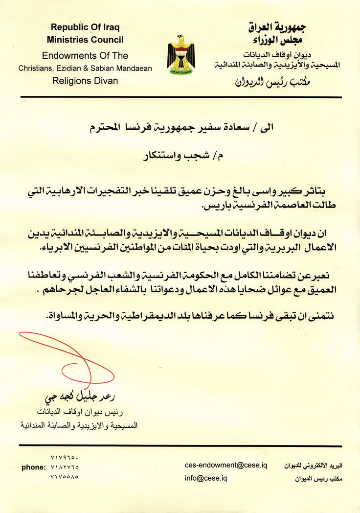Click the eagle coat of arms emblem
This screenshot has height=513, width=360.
tap(180, 55)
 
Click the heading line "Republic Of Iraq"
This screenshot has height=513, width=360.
tap(85, 27)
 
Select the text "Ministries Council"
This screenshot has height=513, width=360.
tap(85, 40)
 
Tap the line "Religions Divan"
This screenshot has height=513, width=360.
tap(85, 80)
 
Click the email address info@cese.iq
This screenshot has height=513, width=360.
tap(206, 478)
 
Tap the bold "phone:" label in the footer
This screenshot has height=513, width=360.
tap(33, 467)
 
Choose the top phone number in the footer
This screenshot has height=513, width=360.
tap(64, 458)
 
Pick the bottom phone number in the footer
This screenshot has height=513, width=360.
tap(64, 476)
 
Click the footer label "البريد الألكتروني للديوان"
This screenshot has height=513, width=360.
tap(314, 466)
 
